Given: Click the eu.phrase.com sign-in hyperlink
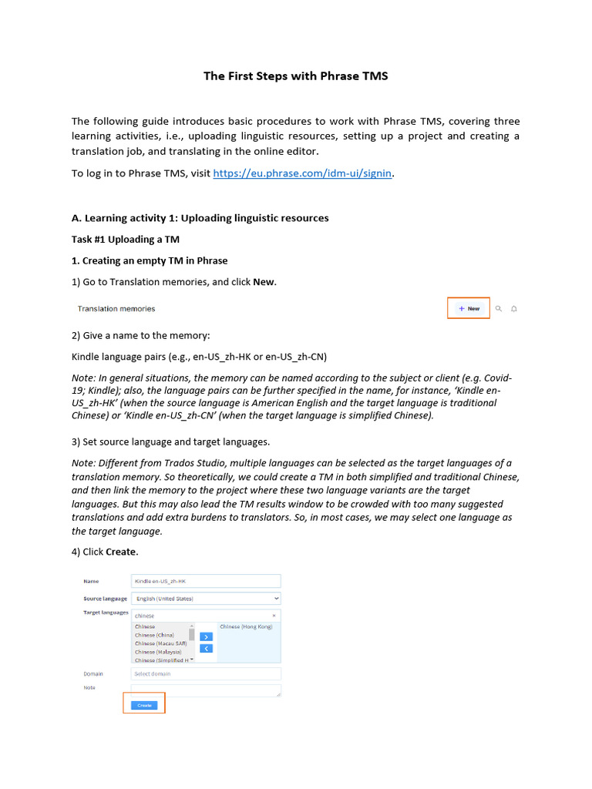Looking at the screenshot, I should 303,173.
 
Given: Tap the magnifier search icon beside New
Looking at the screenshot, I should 499,308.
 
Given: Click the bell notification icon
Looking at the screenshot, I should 514,308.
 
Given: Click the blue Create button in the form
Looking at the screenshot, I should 144,705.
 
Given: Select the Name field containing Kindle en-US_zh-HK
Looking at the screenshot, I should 206,581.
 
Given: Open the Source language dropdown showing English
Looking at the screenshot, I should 206,598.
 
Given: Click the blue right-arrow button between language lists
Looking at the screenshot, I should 206,636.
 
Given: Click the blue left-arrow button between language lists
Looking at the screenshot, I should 206,649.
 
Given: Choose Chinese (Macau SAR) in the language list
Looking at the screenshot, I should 160,643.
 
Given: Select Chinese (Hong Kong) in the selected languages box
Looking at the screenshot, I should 246,627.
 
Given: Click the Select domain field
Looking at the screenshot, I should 206,673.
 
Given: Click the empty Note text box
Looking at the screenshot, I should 206,690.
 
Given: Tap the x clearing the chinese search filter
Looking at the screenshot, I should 274,616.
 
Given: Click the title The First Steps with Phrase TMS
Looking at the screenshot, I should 295,76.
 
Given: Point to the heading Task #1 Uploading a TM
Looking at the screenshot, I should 125,239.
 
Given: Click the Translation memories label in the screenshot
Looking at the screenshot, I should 116,308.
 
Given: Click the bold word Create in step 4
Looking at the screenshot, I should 121,552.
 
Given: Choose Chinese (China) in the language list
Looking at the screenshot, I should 154,635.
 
